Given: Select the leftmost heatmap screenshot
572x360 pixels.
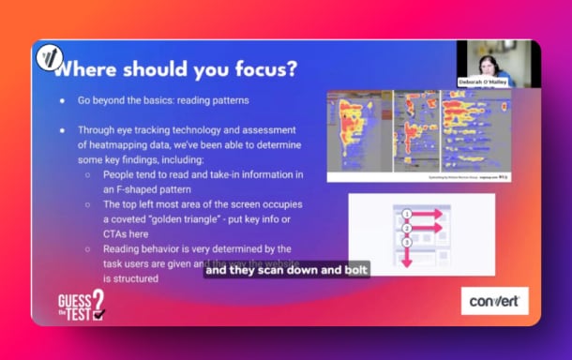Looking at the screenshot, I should pyautogui.click(x=360, y=131).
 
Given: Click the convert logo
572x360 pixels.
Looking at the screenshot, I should pyautogui.click(x=495, y=300).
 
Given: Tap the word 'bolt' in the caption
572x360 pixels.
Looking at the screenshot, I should pyautogui.click(x=355, y=270).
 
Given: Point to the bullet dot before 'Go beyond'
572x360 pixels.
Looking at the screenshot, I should pyautogui.click(x=62, y=99).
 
